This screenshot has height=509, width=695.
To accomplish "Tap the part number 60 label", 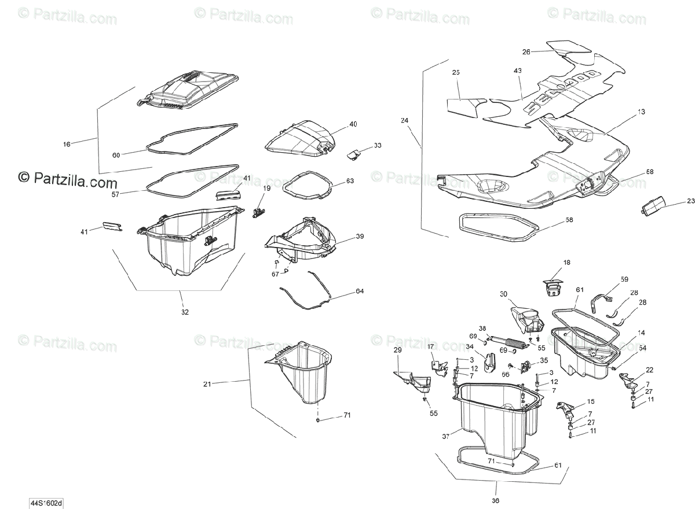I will click(x=116, y=155).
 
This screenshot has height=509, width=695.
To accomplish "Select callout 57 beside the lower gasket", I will click(x=116, y=195).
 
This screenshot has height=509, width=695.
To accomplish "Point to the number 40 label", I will click(x=353, y=124).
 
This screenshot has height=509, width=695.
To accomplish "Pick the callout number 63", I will click(x=350, y=181).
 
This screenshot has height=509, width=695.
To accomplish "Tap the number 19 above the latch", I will click(x=266, y=189).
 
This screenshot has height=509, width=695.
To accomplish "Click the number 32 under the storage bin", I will click(x=185, y=312).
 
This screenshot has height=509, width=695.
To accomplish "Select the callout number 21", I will click(x=207, y=383).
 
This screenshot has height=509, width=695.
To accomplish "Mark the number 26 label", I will click(x=526, y=52).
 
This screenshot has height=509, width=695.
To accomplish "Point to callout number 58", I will click(x=569, y=220).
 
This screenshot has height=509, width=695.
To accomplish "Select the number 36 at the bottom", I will click(x=495, y=501).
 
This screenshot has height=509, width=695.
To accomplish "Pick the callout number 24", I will click(x=404, y=121).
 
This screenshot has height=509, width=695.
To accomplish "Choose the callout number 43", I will click(x=517, y=71).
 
